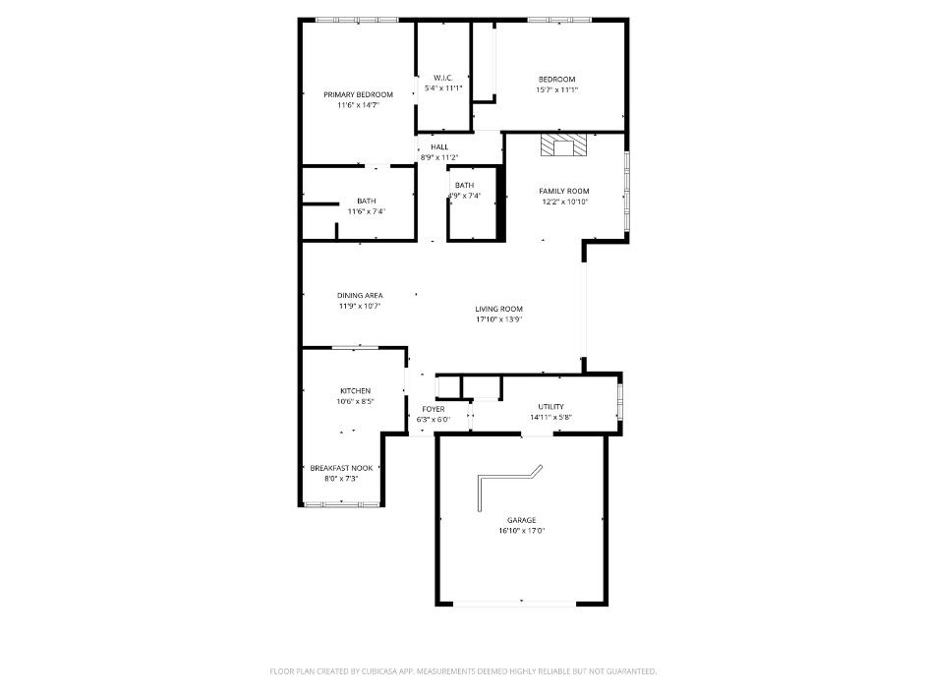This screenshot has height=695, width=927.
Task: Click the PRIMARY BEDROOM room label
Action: coord(358,94)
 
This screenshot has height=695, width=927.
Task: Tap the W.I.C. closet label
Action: coord(441,79)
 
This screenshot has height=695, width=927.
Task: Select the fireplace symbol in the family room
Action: coord(563,147)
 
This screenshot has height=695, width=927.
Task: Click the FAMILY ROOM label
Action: coord(563,191)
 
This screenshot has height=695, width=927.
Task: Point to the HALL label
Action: coord(438,147)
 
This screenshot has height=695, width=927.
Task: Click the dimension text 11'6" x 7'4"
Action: coord(366,211)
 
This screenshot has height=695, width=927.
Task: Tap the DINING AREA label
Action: coord(360,295)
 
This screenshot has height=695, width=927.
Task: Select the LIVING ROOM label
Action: coord(498,309)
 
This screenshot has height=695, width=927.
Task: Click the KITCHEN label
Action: coord(355,390)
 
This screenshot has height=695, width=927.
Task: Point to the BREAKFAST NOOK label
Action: coord(341,468)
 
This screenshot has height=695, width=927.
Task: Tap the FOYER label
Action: coord(434,409)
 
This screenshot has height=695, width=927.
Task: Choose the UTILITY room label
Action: coord(550,406)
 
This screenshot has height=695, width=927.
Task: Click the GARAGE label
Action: coord(521,520)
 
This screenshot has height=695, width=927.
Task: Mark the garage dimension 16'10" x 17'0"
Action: coord(521,531)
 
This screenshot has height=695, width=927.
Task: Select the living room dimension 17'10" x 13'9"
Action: coord(498,319)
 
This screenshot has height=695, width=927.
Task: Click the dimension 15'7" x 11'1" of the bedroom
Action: coord(556,89)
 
